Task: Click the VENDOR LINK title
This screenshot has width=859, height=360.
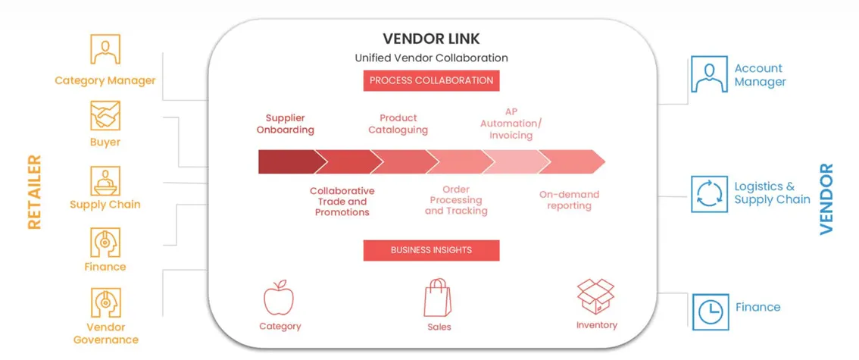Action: [431, 39]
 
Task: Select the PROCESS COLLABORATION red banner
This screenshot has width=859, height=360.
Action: [431, 80]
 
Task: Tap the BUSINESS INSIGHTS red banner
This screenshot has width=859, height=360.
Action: [431, 250]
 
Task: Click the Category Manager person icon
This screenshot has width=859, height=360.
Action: [105, 49]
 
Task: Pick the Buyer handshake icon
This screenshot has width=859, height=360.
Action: [105, 116]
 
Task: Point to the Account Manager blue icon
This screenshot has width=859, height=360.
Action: [709, 74]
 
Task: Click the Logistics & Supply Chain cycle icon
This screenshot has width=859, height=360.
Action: [709, 194]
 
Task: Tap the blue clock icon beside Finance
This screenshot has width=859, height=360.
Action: [710, 311]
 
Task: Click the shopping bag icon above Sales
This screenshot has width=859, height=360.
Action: [437, 298]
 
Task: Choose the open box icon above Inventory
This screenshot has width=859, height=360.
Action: [595, 296]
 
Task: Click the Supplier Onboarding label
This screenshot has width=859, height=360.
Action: [286, 124]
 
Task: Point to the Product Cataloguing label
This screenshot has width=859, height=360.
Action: [398, 124]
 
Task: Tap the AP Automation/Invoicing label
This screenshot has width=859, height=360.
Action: [507, 124]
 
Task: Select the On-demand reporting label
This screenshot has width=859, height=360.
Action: [569, 200]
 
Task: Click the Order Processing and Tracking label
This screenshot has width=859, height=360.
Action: [456, 200]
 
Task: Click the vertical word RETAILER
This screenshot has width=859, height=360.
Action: [35, 192]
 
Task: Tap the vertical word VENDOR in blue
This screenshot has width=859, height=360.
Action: [826, 199]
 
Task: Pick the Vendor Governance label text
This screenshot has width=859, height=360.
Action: [106, 333]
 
